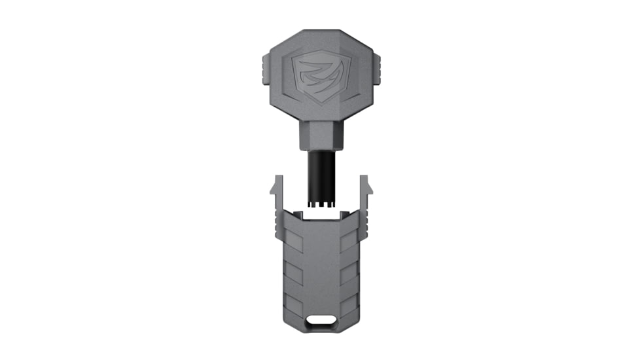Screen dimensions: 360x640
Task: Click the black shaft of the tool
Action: [319, 173]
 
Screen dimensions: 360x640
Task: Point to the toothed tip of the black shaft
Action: [319, 206]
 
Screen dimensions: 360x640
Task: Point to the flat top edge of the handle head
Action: [319, 32]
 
